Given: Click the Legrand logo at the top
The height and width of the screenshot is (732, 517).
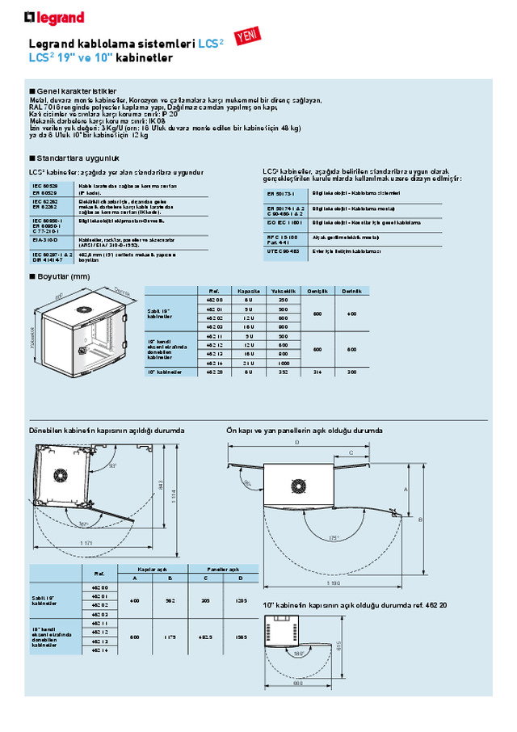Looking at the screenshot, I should tap(54, 16).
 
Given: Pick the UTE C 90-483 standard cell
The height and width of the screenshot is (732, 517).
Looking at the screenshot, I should tap(283, 251).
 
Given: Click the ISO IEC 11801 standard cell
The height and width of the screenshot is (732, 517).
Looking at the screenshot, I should tap(284, 221).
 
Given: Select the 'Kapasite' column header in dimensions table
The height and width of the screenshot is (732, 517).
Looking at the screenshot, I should tap(248, 291).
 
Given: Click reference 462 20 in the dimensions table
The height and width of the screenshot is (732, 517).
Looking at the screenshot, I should tap(214, 372).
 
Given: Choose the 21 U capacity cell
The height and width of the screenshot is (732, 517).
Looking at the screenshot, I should tap(248, 363).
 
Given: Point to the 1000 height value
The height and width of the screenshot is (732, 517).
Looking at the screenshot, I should tap(283, 363).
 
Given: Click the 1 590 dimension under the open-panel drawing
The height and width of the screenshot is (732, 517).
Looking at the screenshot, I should tap(331, 583).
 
